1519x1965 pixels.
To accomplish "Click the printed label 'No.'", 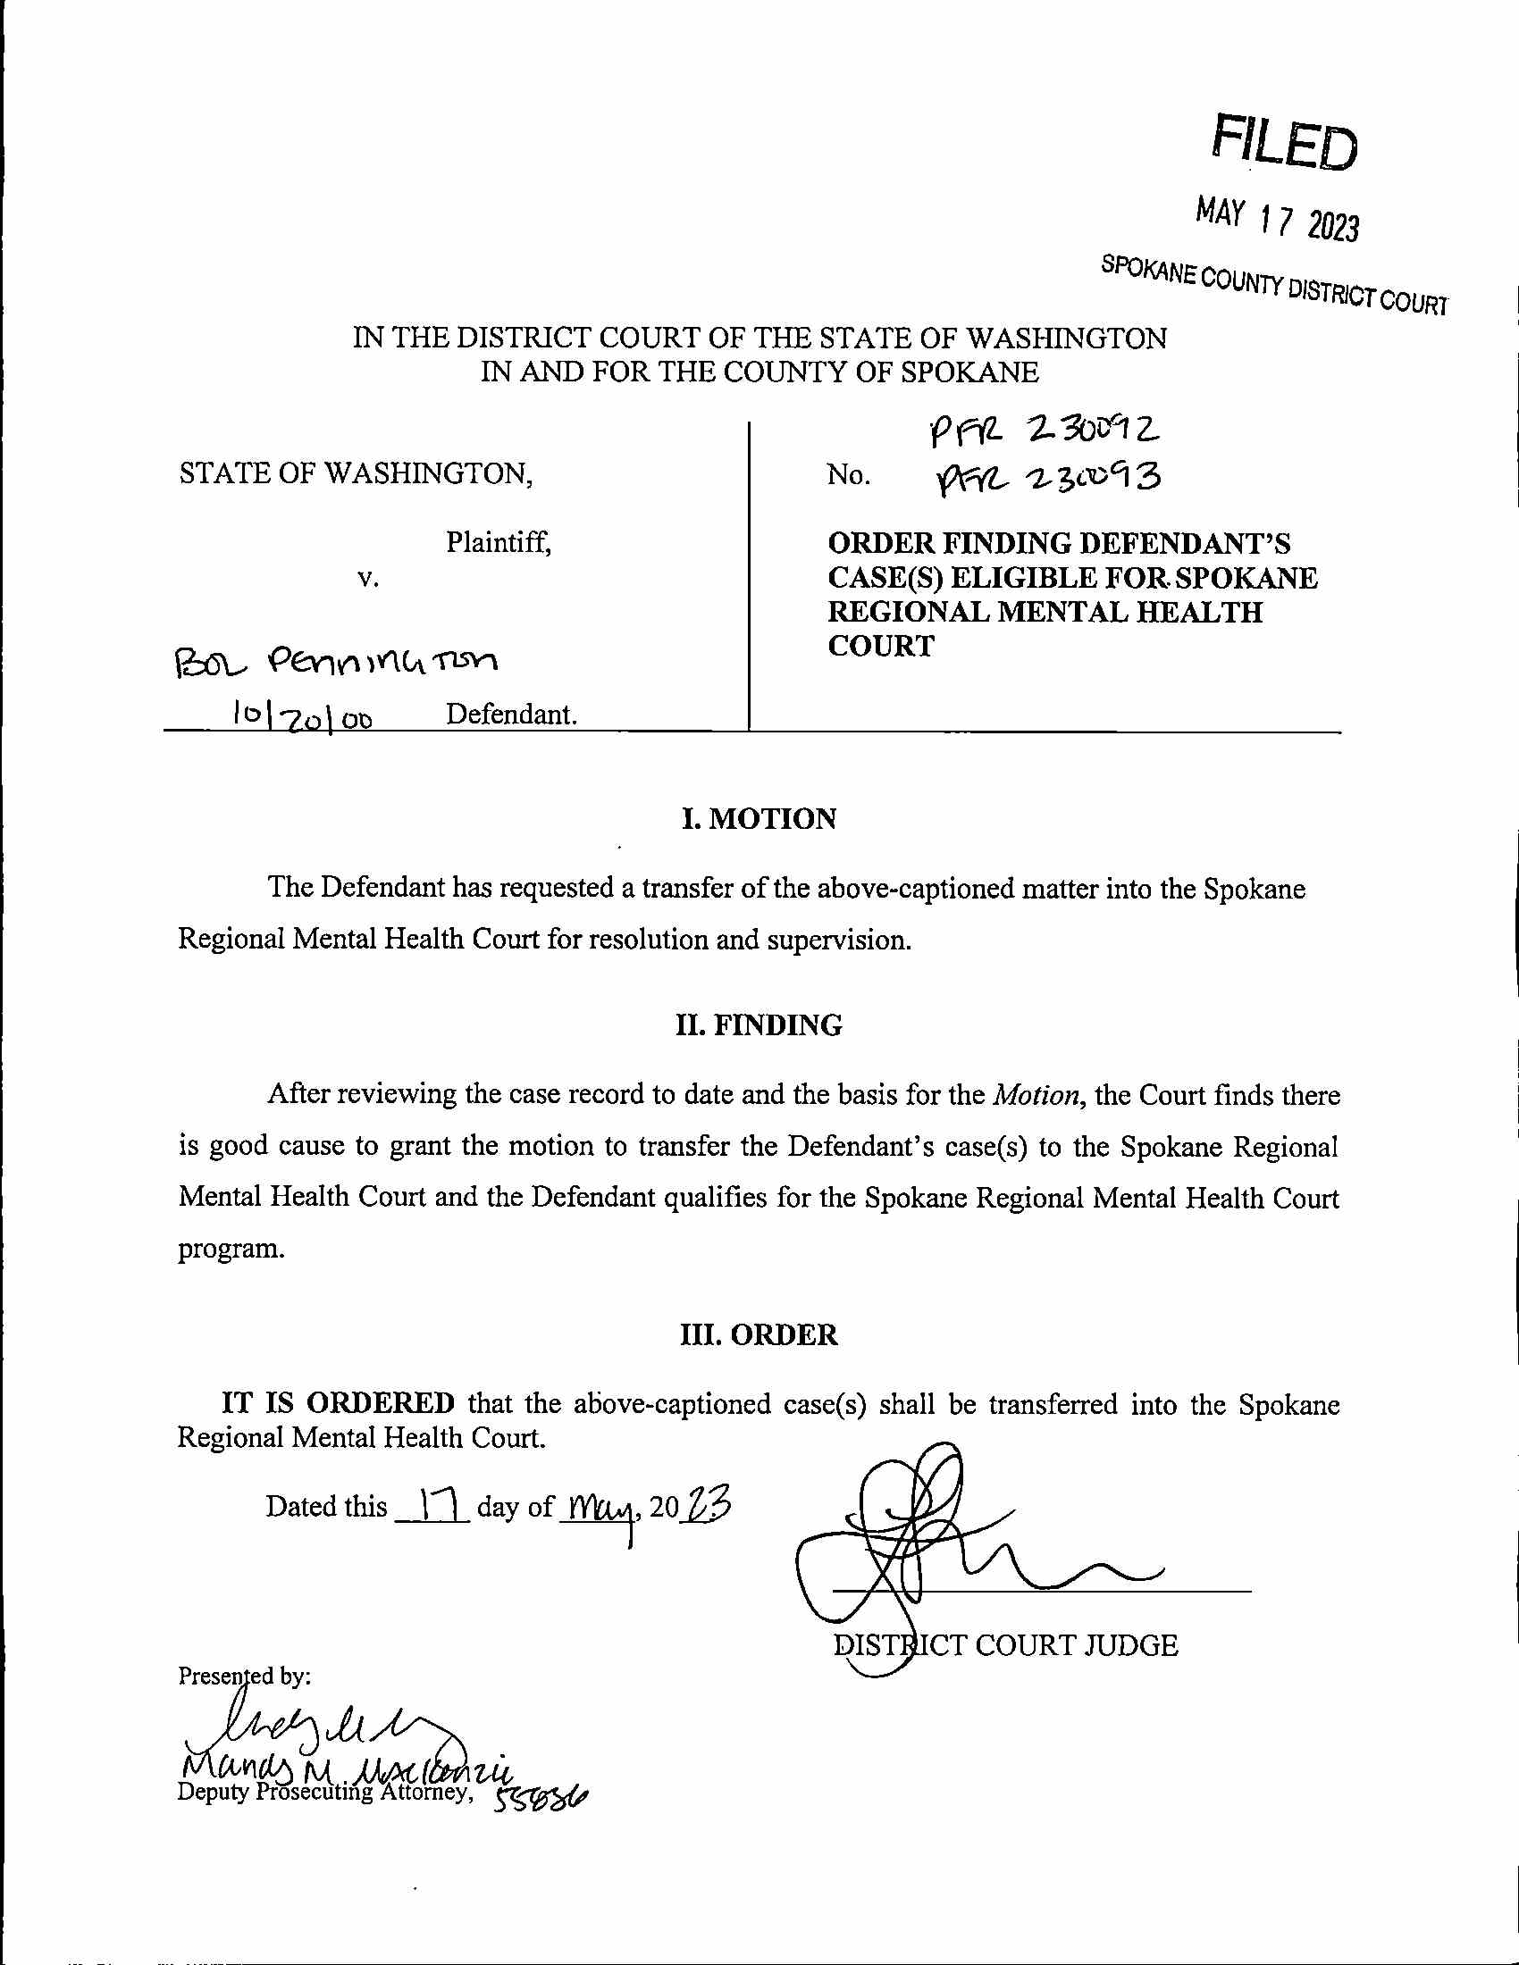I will tap(848, 474).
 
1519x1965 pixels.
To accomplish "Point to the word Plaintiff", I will tap(499, 542).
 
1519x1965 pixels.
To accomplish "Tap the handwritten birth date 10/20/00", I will tap(302, 715).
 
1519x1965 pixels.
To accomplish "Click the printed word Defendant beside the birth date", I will tap(510, 715).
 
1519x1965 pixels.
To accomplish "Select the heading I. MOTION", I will tap(759, 819).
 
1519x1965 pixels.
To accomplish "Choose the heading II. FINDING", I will tap(759, 1024).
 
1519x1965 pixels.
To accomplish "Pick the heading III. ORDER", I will tap(759, 1334).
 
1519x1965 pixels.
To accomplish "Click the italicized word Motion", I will tap(1036, 1095).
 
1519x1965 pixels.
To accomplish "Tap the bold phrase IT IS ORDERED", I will tap(339, 1402).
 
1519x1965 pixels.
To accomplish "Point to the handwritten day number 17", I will tap(431, 1504).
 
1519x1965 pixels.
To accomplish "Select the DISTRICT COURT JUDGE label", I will tap(1005, 1644).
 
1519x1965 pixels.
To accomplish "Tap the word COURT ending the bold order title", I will tap(881, 646).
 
